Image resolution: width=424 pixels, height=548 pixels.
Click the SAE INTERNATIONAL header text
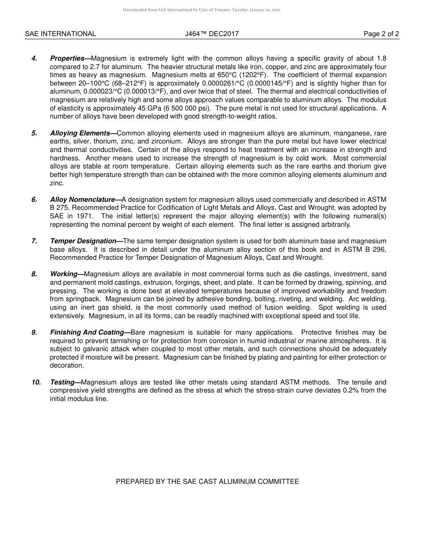60,34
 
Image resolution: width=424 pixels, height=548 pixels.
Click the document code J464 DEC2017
212,34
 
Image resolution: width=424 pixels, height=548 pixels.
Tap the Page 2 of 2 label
381,34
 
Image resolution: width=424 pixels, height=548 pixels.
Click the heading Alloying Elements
80,133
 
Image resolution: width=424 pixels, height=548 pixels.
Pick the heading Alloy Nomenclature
83,200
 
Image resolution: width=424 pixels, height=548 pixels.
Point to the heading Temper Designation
83,241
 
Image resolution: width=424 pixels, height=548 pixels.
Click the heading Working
64,274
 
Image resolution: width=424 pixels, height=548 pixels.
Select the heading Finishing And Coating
87,332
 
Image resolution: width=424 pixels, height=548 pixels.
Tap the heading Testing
62,382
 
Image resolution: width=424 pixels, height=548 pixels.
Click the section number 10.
36,382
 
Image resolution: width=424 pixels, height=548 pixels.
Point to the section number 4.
34,58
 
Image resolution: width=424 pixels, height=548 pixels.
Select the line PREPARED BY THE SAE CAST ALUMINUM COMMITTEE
208,482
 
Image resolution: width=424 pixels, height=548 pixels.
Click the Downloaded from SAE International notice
201,10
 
